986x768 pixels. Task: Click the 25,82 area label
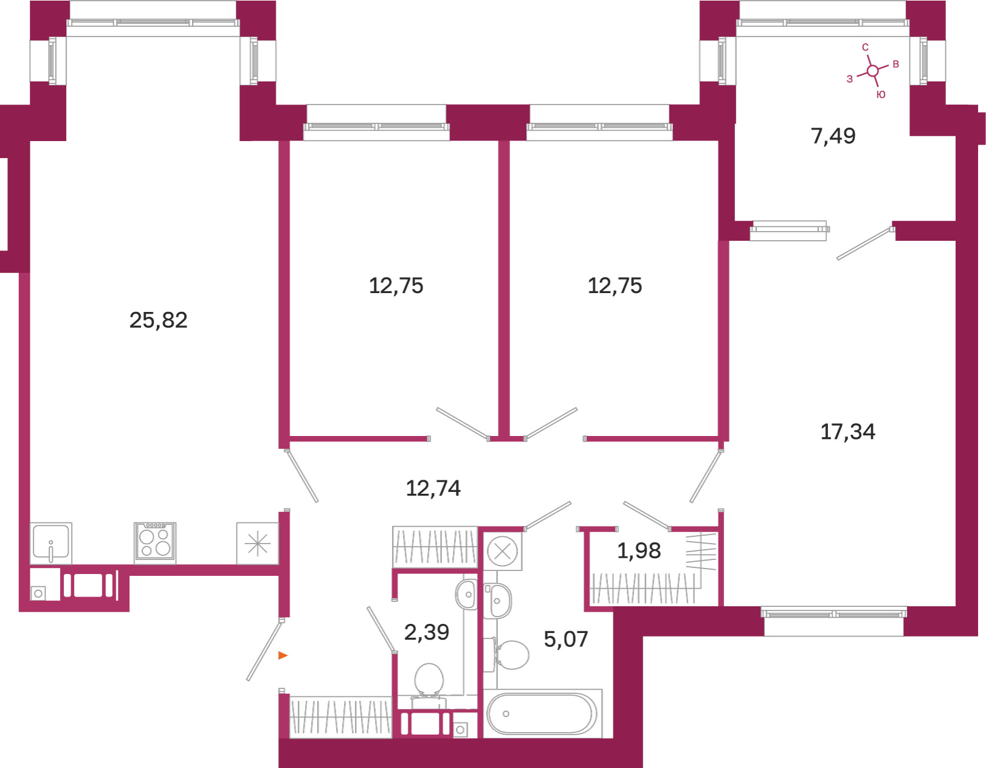[159, 320]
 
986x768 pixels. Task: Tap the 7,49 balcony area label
[833, 136]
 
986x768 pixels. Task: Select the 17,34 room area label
[847, 431]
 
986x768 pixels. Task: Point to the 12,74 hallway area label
[433, 488]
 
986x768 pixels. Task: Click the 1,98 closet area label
[639, 551]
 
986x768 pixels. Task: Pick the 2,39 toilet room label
[427, 632]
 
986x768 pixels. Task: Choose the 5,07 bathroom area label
[566, 640]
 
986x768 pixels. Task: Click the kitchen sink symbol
[51, 543]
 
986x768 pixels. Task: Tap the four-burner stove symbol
[155, 543]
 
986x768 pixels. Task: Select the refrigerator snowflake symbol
[257, 544]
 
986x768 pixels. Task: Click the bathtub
[542, 713]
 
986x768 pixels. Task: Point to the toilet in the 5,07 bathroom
[511, 655]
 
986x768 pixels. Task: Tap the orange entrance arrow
[283, 656]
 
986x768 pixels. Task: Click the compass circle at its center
[872, 71]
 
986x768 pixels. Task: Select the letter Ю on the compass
[881, 94]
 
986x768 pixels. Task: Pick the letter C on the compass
[865, 47]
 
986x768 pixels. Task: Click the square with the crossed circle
[502, 552]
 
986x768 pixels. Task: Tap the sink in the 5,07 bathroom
[498, 601]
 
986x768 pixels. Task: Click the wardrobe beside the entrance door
[340, 717]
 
